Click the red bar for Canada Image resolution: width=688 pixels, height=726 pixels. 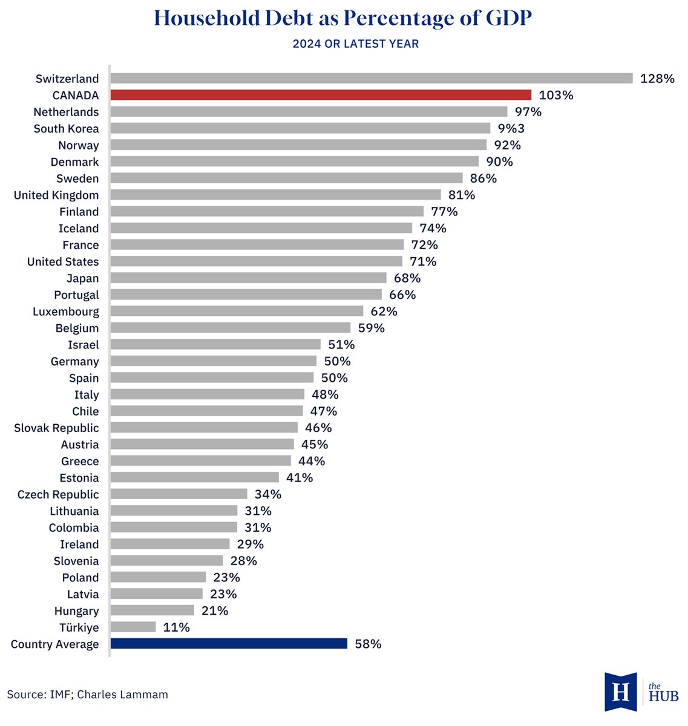pyautogui.click(x=321, y=95)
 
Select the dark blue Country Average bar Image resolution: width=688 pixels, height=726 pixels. pyautogui.click(x=229, y=644)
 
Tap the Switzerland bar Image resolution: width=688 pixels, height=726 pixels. pyautogui.click(x=372, y=78)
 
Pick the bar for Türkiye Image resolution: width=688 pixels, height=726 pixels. pyautogui.click(x=133, y=627)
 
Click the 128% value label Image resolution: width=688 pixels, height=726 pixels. pyautogui.click(x=657, y=79)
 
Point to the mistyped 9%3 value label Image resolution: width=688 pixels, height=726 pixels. pyautogui.click(x=511, y=128)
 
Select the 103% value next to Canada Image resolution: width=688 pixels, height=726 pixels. pyautogui.click(x=555, y=95)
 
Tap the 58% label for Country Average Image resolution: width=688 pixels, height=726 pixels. pyautogui.click(x=368, y=644)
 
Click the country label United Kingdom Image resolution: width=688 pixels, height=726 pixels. pyautogui.click(x=56, y=195)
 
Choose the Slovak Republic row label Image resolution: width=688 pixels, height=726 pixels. pyautogui.click(x=56, y=428)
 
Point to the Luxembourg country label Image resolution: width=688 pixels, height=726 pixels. pyautogui.click(x=66, y=312)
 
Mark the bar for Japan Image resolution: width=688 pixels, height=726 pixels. pyautogui.click(x=248, y=278)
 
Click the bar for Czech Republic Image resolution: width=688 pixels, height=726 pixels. pyautogui.click(x=179, y=494)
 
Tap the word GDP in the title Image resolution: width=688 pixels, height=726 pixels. pyautogui.click(x=509, y=18)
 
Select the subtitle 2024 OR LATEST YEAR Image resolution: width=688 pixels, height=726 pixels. pyautogui.click(x=355, y=44)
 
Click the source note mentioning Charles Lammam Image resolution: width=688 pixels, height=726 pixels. pyautogui.click(x=88, y=695)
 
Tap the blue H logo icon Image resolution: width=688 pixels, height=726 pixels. pyautogui.click(x=621, y=692)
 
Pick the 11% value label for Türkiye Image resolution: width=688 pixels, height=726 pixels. pyautogui.click(x=176, y=627)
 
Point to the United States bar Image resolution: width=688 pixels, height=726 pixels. pyautogui.click(x=257, y=261)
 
